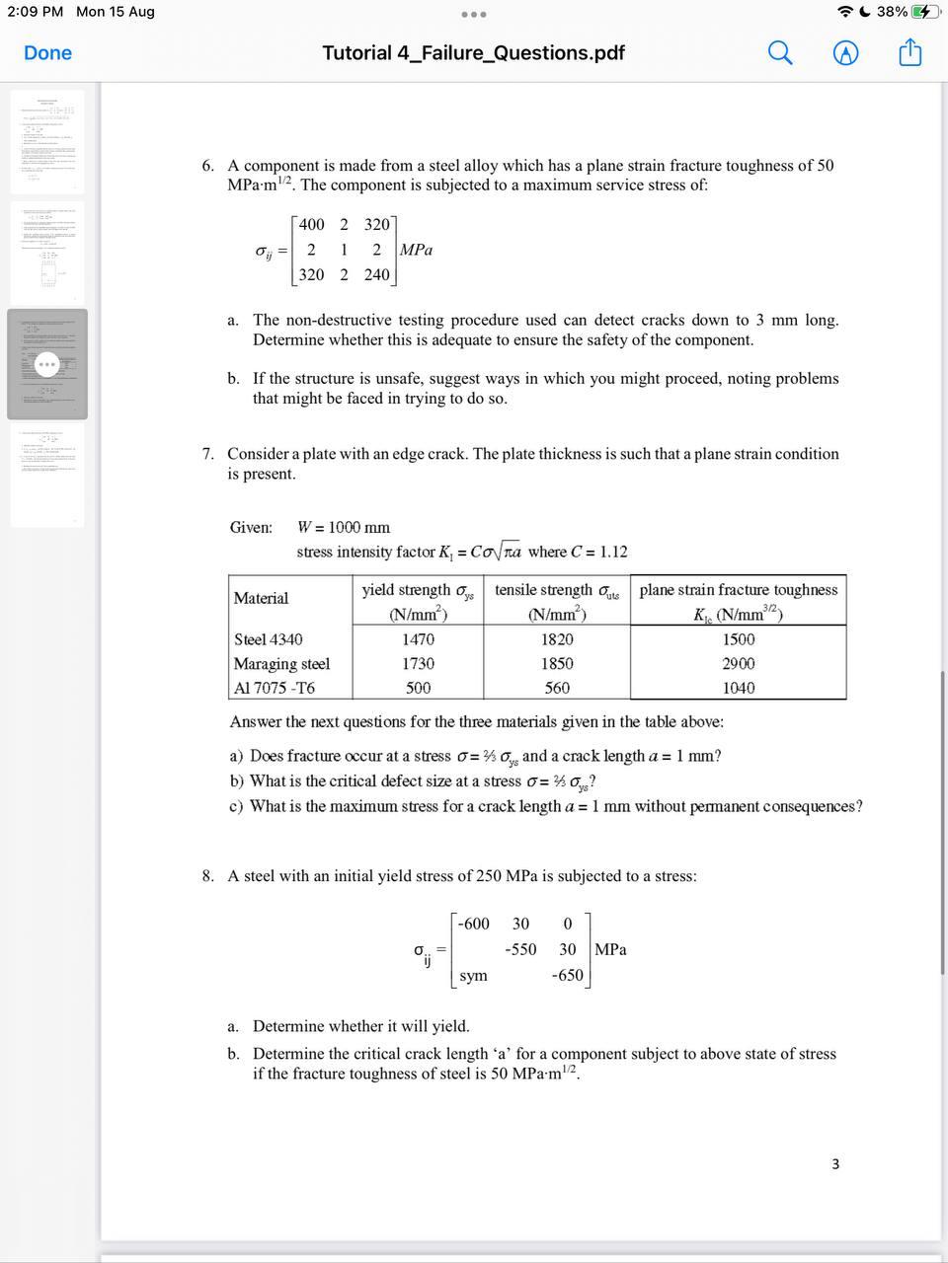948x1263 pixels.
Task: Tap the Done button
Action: coord(47,53)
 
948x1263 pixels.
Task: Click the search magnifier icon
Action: coord(780,53)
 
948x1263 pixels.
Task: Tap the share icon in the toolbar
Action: coord(909,53)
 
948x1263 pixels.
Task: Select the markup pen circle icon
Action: coord(845,53)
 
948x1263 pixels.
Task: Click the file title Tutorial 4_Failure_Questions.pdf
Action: coord(473,53)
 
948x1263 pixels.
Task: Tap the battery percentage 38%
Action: coord(891,12)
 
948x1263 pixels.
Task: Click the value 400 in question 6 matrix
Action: coord(311,225)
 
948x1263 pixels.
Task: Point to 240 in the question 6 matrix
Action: coord(376,275)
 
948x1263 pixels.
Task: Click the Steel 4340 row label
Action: coord(269,639)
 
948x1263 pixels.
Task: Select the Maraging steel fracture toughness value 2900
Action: coord(738,664)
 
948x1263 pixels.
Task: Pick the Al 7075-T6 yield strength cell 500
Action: coord(418,688)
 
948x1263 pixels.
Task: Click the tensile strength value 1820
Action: coord(557,639)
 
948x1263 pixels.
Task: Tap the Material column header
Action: coord(261,598)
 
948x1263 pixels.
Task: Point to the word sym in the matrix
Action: coord(473,976)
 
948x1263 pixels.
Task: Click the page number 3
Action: coord(835,1164)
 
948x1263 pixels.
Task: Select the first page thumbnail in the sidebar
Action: coord(47,141)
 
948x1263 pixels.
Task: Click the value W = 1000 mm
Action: coord(344,528)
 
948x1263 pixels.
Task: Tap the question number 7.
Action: coord(207,455)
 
